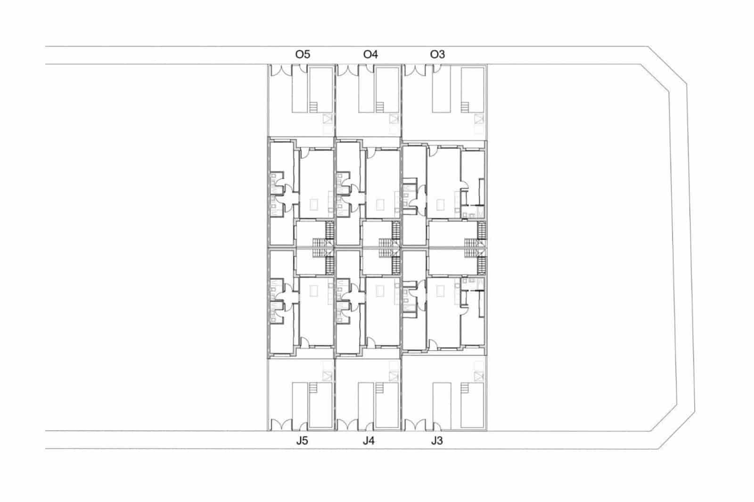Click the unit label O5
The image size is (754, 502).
tap(303, 55)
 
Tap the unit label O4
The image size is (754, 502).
tap(370, 55)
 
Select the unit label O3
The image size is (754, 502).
tap(437, 55)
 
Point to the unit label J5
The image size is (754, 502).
tap(302, 441)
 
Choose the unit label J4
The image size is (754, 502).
tap(369, 441)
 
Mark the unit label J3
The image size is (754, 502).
tap(437, 441)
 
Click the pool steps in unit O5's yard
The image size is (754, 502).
tap(314, 107)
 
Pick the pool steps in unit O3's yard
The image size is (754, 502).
tap(466, 107)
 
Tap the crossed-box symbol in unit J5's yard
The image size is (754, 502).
tap(328, 375)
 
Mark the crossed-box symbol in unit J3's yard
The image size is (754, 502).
tap(479, 375)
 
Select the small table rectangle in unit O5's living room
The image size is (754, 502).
tap(313, 205)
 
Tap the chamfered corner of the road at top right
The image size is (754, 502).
tap(667, 65)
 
